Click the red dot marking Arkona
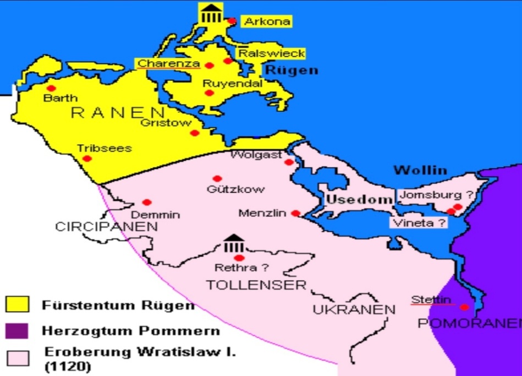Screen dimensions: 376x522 (232, 21)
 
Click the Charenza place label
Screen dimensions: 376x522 (168, 63)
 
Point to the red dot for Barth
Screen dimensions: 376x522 (51, 88)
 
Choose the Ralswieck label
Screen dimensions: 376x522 (271, 53)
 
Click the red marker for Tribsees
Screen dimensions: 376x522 (87, 159)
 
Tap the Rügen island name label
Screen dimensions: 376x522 (291, 70)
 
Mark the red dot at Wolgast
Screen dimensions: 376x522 (289, 162)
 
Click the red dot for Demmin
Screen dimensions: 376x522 (146, 202)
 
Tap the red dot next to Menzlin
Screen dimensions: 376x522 (295, 213)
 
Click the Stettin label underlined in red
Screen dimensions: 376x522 (432, 299)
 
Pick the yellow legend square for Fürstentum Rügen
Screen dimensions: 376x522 (17, 304)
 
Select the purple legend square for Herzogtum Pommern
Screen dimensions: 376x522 (17, 331)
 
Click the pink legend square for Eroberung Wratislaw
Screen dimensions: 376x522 (17, 358)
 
